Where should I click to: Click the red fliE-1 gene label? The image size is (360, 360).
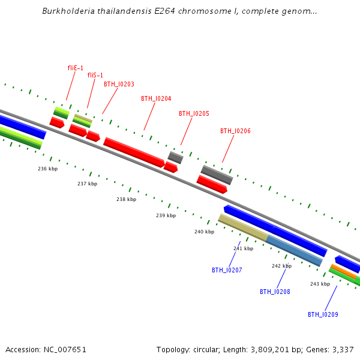(x=76, y=68)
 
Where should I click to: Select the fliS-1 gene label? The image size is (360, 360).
(x=95, y=76)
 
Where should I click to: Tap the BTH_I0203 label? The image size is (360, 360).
(x=119, y=85)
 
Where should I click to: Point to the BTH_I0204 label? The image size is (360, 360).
(x=156, y=99)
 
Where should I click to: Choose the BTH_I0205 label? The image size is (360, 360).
(x=194, y=114)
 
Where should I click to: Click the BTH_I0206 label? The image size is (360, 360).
(x=235, y=131)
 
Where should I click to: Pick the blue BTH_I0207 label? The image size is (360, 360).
(x=227, y=271)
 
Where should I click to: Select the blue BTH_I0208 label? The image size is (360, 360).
(x=275, y=292)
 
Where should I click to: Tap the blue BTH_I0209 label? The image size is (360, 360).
(x=323, y=315)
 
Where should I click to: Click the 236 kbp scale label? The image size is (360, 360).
(x=47, y=169)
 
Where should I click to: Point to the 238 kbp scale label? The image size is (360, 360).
(x=126, y=200)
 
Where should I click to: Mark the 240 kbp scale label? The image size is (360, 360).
(x=204, y=232)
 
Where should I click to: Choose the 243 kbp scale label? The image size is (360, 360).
(x=320, y=284)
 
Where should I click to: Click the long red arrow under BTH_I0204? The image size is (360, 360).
(x=134, y=152)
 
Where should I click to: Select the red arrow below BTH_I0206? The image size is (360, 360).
(x=212, y=184)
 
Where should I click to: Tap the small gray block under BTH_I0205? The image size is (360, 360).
(x=175, y=158)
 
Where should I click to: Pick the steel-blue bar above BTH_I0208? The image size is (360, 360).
(x=294, y=251)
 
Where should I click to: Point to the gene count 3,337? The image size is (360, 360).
(x=341, y=350)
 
